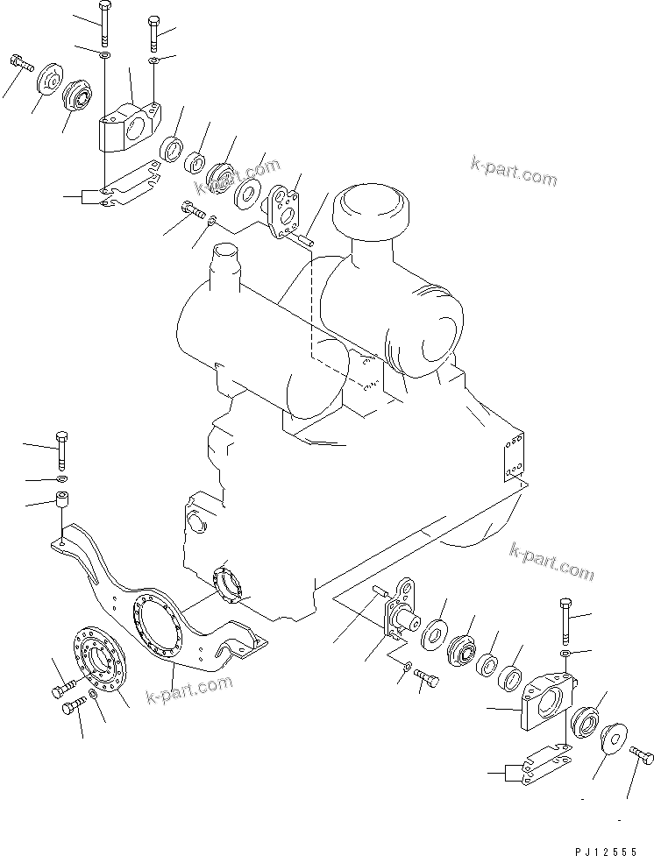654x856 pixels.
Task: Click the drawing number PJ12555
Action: tap(606, 851)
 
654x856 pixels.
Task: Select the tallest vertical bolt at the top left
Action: tap(104, 24)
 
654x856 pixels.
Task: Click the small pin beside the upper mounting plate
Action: tap(308, 239)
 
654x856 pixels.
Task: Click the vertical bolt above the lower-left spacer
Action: tap(61, 450)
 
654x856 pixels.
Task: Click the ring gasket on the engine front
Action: tap(229, 586)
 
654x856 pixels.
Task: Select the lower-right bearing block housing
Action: tap(547, 699)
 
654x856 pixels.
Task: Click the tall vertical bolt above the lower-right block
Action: tap(565, 620)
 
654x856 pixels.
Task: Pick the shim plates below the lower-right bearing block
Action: tap(546, 764)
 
